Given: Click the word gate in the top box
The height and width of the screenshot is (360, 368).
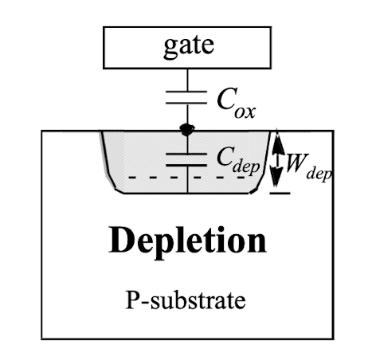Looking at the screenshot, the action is coord(189,47).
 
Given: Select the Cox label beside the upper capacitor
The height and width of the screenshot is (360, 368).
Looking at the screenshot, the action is coord(236,103).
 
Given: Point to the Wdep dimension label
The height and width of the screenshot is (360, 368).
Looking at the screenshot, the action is coord(309,166).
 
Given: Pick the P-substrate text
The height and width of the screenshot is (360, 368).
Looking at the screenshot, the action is coord(186,300).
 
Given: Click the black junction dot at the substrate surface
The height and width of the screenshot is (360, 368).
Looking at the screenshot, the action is coord(187,130).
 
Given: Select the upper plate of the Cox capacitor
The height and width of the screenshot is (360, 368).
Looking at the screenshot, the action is coord(186,92).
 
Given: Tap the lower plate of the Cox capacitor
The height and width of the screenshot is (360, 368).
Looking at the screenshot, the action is coord(186,103).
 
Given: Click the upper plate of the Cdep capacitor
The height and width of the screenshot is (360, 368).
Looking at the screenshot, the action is coord(186,154).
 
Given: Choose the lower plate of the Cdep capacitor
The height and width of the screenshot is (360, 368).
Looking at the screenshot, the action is coord(186,166).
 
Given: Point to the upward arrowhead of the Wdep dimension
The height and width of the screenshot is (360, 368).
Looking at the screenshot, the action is coord(277,142).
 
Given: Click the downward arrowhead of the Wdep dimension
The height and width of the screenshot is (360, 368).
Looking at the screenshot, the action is coord(276,175).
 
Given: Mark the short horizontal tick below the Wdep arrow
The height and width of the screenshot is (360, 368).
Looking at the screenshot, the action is coord(280,193).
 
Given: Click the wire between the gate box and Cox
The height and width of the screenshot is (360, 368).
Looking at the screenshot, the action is coord(187,80).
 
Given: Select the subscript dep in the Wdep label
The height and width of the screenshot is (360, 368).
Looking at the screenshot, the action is coord(319,174).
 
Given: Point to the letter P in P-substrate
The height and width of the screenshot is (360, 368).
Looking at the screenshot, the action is coord(132,300).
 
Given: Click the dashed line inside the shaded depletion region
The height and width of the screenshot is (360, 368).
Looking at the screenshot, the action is coord(186,177).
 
